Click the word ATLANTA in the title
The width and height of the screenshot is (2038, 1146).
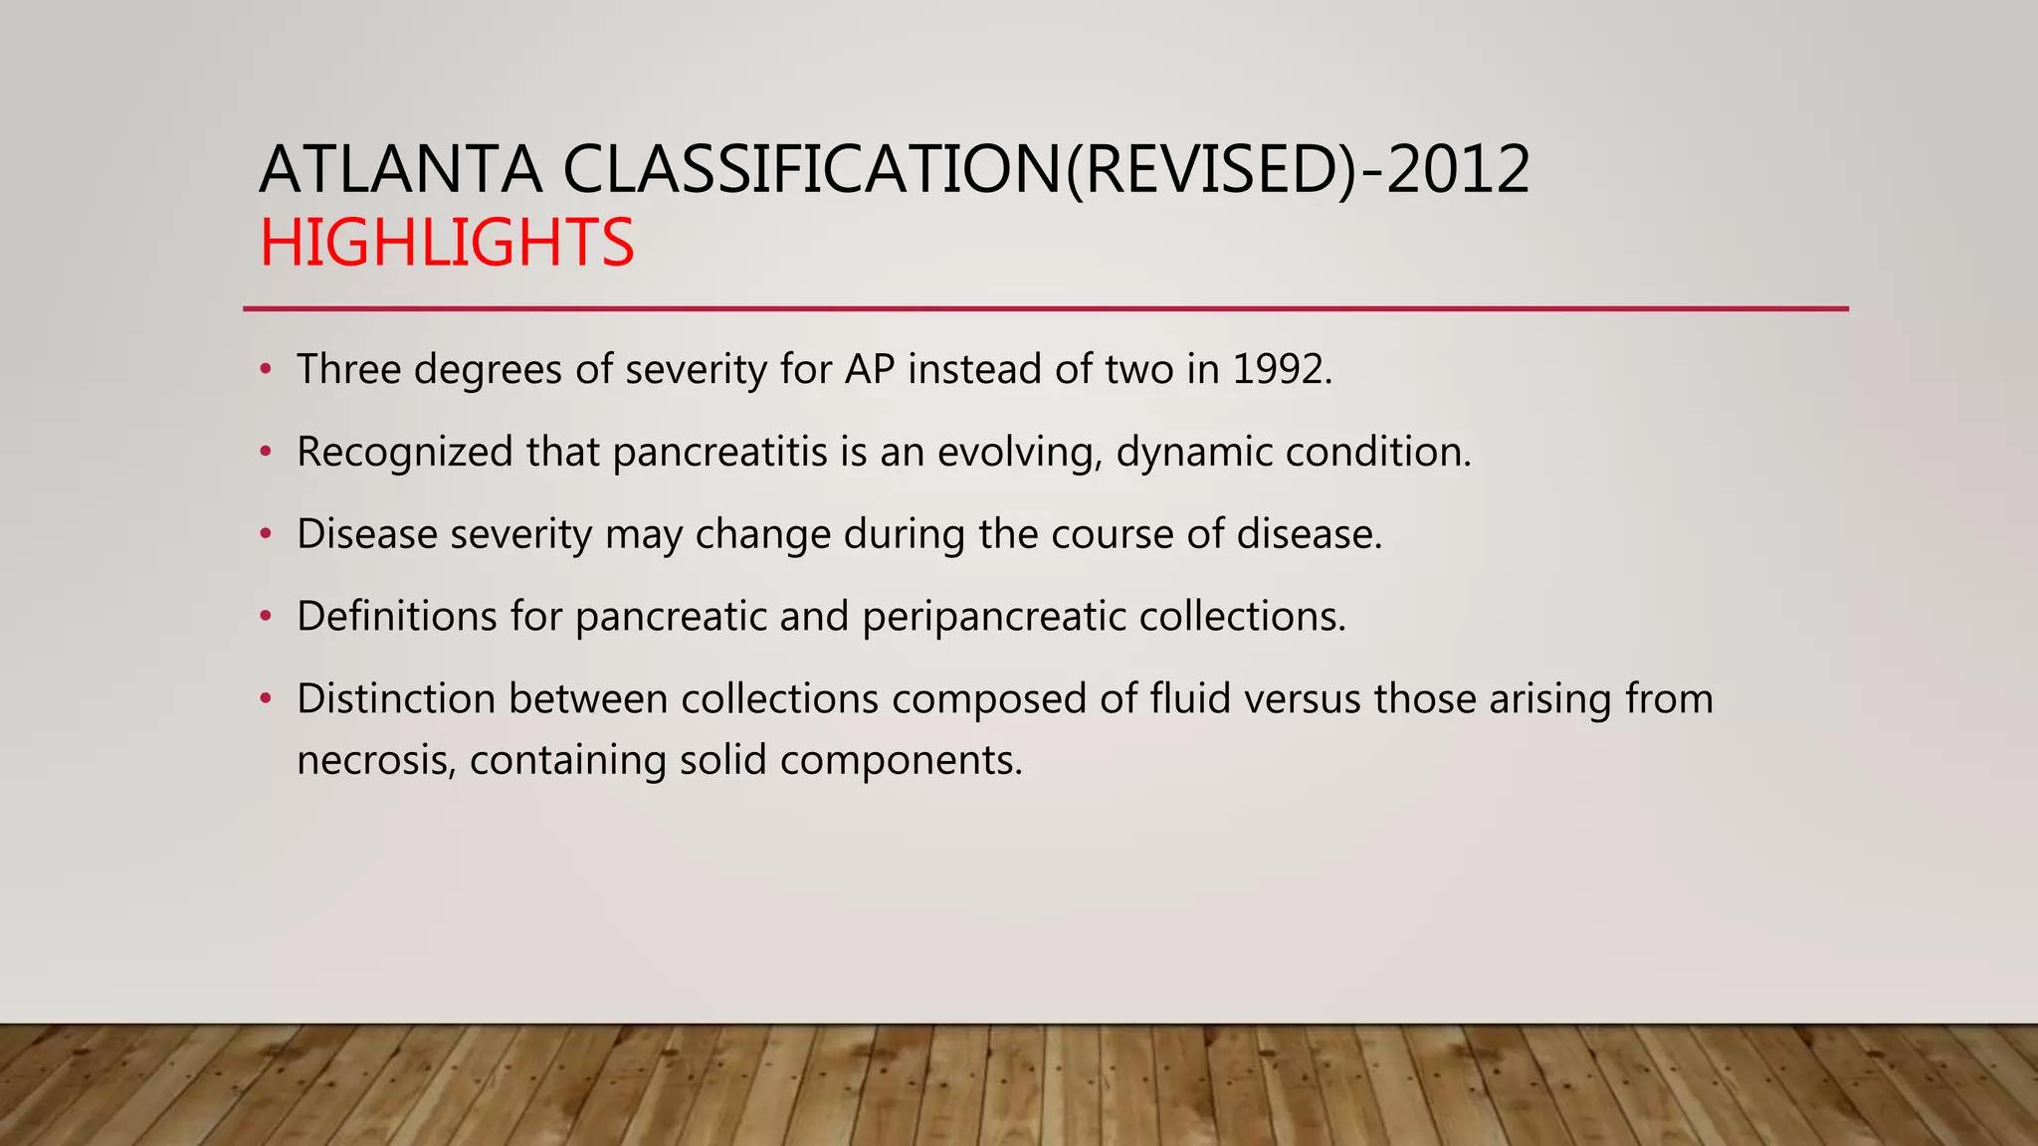pos(400,169)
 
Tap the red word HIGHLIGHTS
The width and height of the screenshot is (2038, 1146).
pos(447,243)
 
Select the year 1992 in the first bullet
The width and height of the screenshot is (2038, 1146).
pos(1281,369)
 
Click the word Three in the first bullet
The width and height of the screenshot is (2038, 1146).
pos(348,369)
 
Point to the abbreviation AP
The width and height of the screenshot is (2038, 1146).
pos(870,369)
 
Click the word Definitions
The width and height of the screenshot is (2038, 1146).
pos(397,616)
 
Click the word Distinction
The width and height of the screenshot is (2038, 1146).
pos(396,698)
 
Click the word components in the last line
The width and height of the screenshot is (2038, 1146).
pos(901,761)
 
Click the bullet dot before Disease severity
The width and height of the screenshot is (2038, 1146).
pos(265,534)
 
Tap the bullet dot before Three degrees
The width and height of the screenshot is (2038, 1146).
pos(265,369)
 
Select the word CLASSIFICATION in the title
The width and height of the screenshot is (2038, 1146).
pos(813,169)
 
